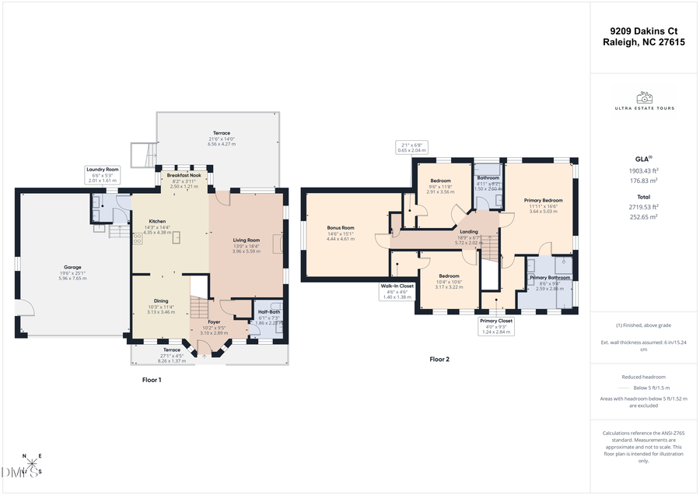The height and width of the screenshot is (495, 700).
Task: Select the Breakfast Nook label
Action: pos(184,176)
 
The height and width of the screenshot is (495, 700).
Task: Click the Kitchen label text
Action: pos(157,221)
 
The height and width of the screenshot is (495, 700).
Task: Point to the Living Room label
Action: pos(246,240)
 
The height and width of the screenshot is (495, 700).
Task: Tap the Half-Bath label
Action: pos(269,311)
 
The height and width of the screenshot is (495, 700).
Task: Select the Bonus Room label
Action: pos(341,228)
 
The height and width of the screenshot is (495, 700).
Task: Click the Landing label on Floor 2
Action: pos(469,231)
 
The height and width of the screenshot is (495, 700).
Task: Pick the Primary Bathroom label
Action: pos(550,278)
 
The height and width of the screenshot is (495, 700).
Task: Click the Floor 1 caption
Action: pos(152,380)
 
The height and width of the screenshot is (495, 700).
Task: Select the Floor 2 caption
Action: pos(439,360)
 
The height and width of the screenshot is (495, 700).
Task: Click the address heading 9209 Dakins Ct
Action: pos(644,31)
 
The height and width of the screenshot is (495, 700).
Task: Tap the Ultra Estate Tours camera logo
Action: pos(644,97)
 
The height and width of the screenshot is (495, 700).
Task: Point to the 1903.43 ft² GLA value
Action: pos(645,170)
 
